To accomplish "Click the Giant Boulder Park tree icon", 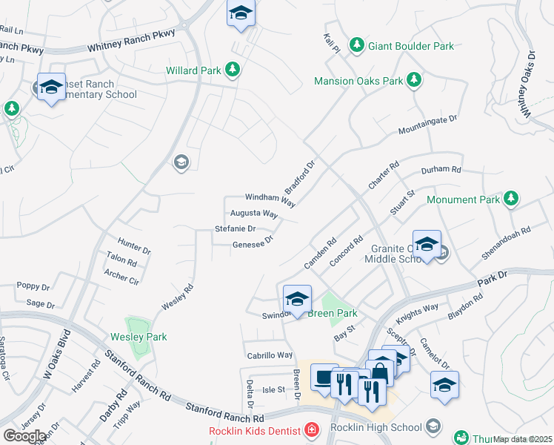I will click(x=357, y=46).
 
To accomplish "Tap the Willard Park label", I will click(x=193, y=70).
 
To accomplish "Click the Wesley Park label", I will click(x=138, y=337).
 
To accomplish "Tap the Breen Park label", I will click(x=333, y=314).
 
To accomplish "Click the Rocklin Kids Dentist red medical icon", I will click(x=313, y=430).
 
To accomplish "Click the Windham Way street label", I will click(x=270, y=199).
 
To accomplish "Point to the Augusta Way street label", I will click(x=253, y=214).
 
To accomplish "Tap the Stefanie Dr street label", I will click(x=235, y=228).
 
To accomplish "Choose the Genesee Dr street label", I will click(x=253, y=242).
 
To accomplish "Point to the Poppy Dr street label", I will click(x=33, y=286).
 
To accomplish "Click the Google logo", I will click(x=24, y=436).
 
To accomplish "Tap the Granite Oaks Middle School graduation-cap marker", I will click(x=427, y=245).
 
